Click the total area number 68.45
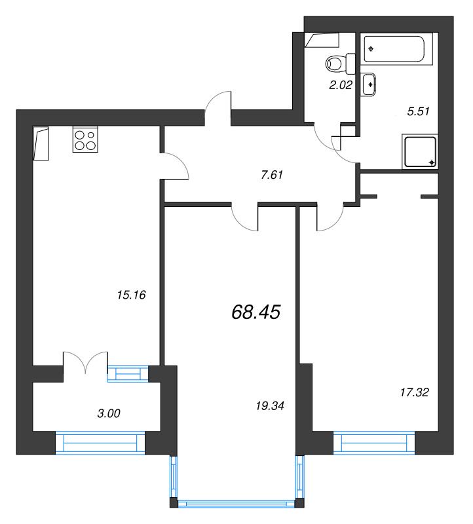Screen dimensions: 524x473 point(255,312)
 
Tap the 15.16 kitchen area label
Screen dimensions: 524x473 point(130,295)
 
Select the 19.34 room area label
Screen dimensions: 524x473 point(269,406)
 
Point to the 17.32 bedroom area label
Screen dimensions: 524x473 point(413,392)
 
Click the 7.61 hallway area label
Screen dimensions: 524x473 point(271,175)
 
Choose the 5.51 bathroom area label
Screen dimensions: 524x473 point(418,111)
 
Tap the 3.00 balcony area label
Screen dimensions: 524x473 point(109,413)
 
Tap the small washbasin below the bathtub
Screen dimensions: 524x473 point(369,84)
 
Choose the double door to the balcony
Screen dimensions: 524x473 point(85,364)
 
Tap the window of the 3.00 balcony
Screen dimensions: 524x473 point(100,443)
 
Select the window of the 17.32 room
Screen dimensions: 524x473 point(374,443)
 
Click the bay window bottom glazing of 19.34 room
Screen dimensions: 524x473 point(236,504)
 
